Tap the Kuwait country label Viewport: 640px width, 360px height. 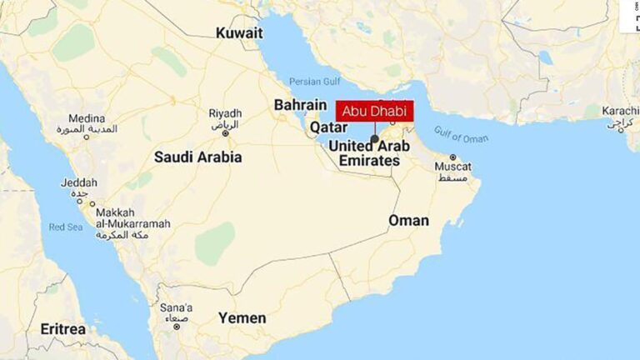click(x=239, y=33)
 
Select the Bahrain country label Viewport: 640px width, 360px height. click(x=300, y=105)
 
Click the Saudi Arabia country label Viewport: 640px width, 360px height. click(x=197, y=157)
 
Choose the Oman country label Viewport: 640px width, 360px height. click(x=408, y=221)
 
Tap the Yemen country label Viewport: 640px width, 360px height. click(x=242, y=318)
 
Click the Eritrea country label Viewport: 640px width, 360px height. click(x=62, y=329)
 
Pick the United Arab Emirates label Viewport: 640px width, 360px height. click(x=369, y=153)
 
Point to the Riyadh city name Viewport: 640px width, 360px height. click(x=225, y=113)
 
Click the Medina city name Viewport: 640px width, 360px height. click(x=87, y=119)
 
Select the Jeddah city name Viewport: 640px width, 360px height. click(x=79, y=182)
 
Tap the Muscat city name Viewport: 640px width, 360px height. click(x=452, y=167)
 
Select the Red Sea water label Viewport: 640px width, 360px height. click(x=67, y=227)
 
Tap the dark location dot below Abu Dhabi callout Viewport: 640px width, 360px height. click(x=375, y=139)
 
